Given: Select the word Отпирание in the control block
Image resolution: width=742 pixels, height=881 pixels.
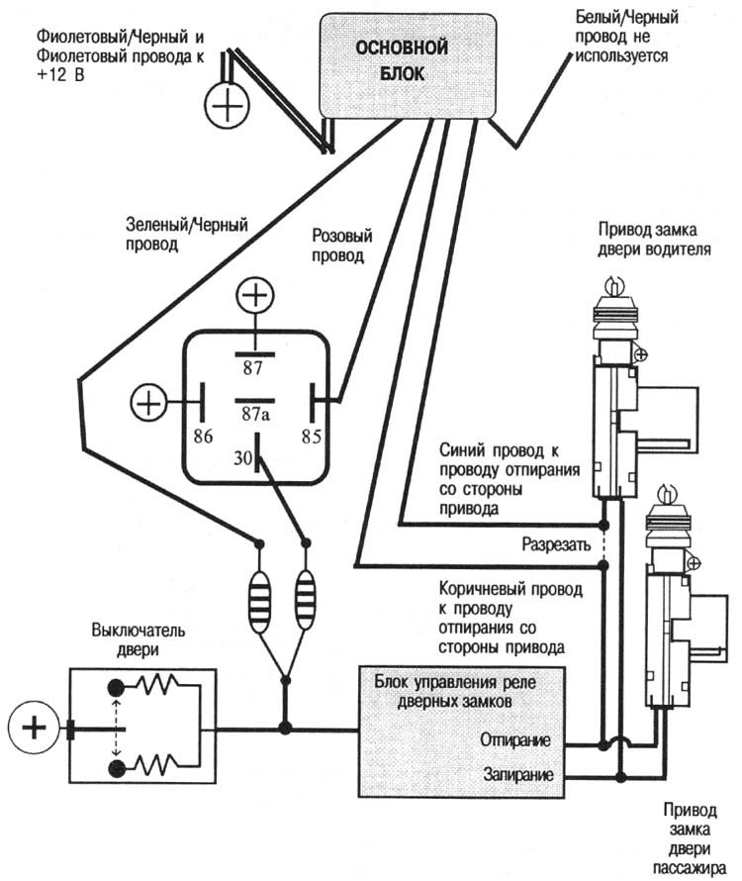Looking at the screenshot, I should [515, 739].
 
